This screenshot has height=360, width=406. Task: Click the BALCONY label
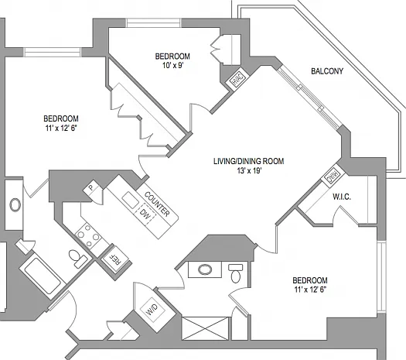327,71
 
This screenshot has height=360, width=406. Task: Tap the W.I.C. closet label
342,197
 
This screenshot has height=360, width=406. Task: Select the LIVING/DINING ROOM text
248,161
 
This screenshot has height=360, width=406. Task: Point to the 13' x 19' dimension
248,171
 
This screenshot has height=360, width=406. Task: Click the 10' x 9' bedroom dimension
172,65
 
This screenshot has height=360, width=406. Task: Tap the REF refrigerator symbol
114,259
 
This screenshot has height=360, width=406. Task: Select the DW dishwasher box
145,214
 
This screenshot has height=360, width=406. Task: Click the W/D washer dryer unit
152,310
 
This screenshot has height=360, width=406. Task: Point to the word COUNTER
157,204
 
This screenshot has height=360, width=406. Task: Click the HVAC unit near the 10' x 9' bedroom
237,78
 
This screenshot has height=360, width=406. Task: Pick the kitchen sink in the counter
130,200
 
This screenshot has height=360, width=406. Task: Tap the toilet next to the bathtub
78,258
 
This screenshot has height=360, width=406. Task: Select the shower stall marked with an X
206,328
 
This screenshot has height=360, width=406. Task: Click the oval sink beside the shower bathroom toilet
205,269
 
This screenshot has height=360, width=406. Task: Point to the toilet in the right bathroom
236,274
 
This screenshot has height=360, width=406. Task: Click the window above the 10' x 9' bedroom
154,22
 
